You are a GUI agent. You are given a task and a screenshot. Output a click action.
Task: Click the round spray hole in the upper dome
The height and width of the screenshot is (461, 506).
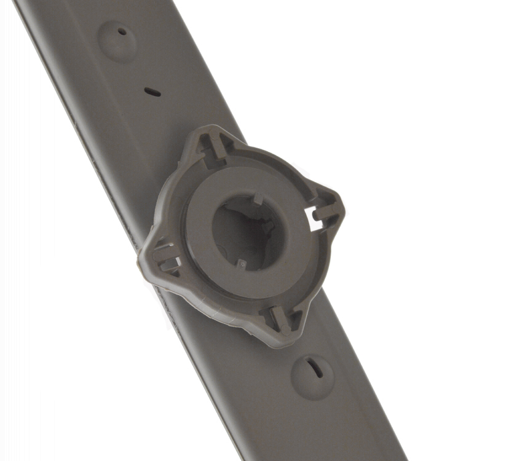click(x=122, y=31)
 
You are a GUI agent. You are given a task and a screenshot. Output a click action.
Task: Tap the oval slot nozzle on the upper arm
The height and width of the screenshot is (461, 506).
click(x=152, y=92)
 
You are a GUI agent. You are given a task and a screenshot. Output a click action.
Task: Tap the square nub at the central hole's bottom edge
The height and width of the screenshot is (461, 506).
click(x=242, y=264)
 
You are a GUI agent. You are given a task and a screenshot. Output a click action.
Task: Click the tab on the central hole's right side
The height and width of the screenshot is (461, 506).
click(x=269, y=226)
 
